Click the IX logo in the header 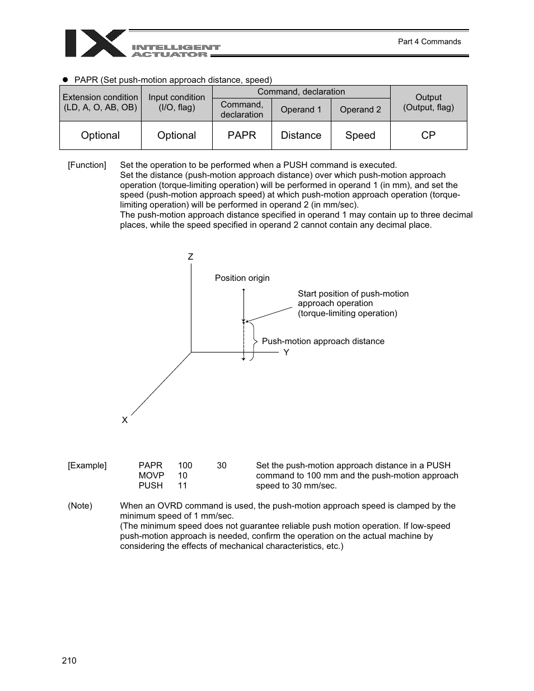tap(95, 44)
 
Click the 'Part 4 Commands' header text tap(429, 41)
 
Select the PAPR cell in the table tap(242, 135)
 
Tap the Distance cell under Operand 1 tap(301, 135)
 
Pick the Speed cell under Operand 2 tap(360, 135)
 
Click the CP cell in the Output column tap(428, 135)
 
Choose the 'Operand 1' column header tap(301, 110)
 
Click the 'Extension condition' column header tap(100, 102)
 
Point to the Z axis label tap(190, 257)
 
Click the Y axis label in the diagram tap(286, 352)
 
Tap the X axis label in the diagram tap(125, 420)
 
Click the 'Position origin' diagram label tap(242, 278)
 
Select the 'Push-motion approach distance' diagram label tap(323, 341)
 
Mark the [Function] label tap(87, 165)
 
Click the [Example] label tap(87, 466)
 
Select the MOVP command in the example tap(151, 476)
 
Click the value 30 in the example tap(222, 466)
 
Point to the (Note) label tap(80, 506)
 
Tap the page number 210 tap(69, 660)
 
